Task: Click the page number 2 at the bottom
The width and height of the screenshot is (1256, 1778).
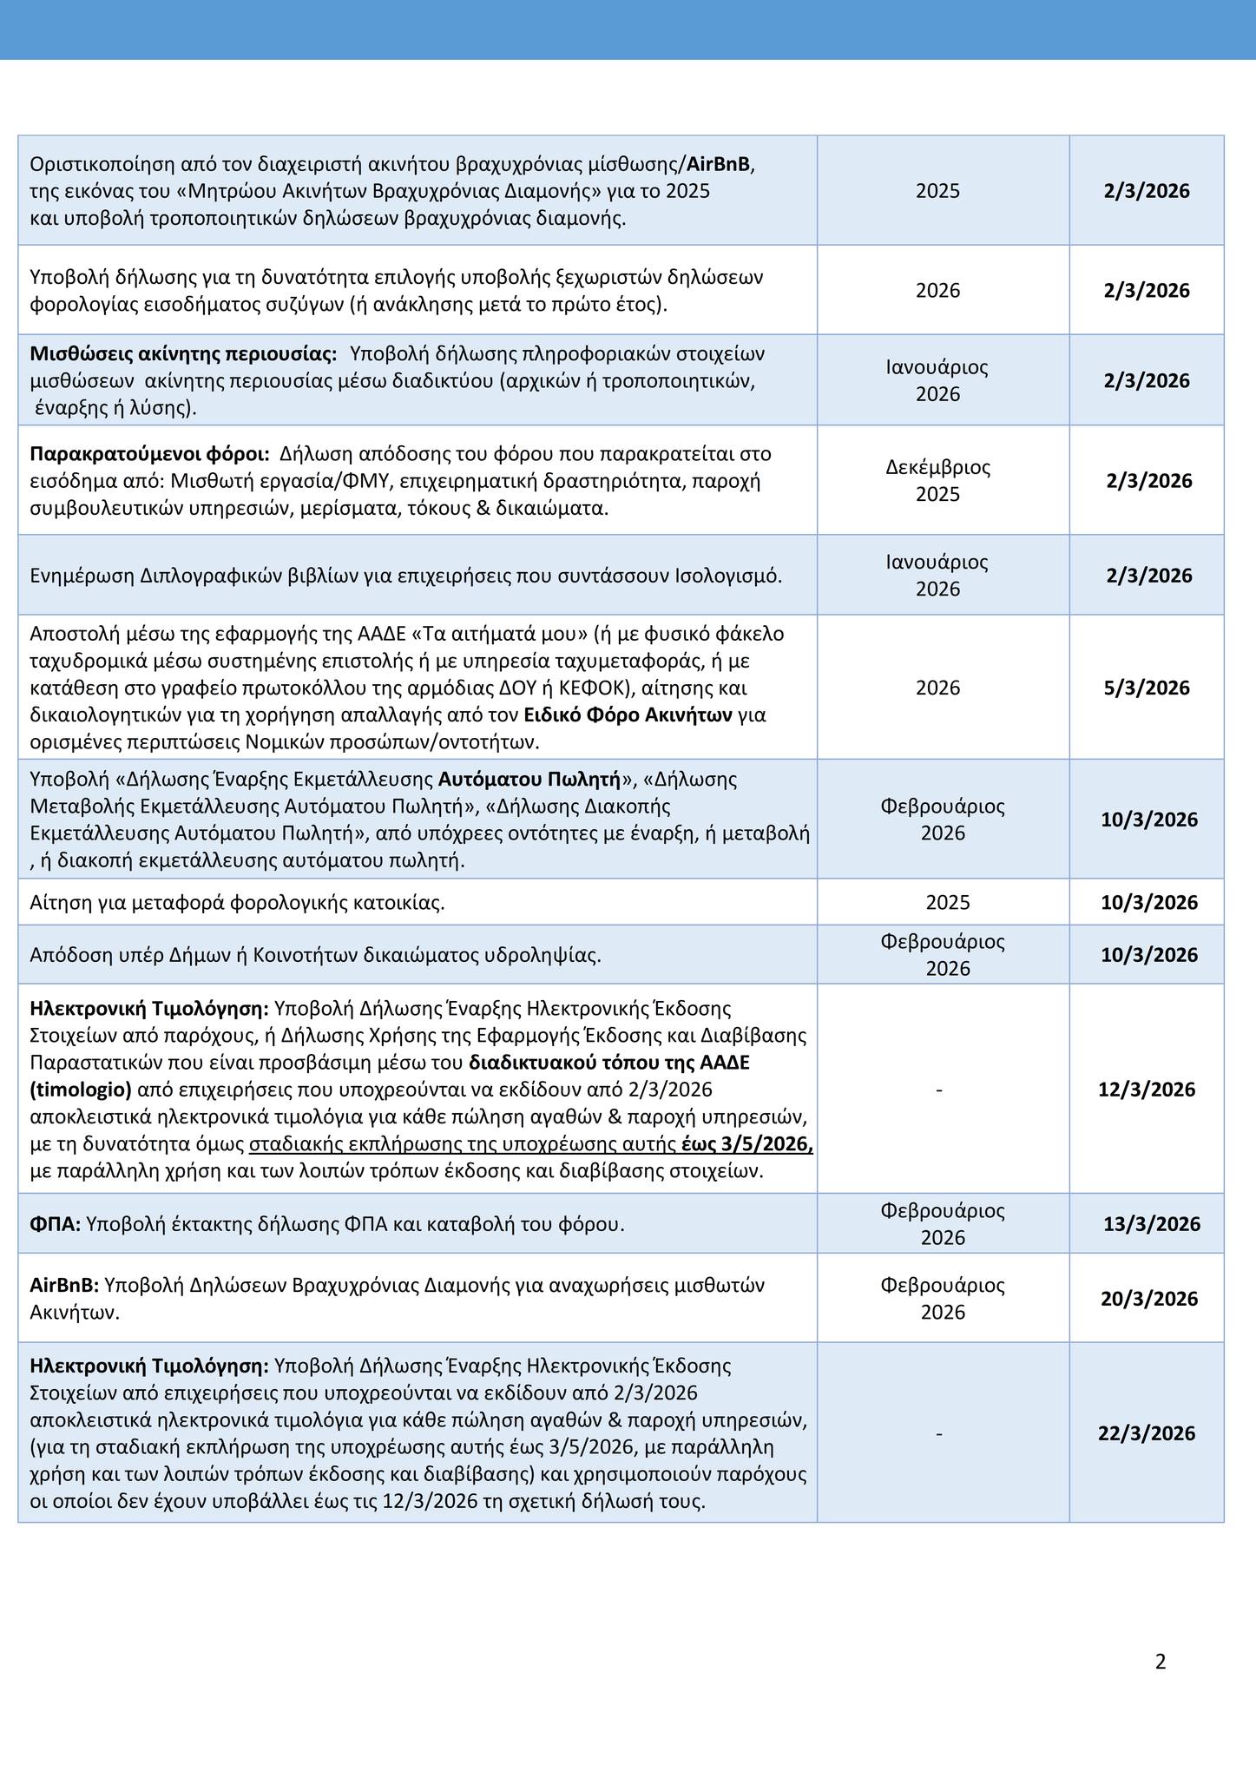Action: point(1161,1662)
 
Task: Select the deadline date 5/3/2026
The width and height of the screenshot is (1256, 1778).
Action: point(1147,688)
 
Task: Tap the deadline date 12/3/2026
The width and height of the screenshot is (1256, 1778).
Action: point(1147,1089)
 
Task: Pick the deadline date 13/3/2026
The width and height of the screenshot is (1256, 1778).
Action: point(1152,1224)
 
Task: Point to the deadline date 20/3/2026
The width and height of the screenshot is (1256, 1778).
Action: point(1149,1299)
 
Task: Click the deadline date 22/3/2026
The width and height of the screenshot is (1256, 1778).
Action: point(1147,1433)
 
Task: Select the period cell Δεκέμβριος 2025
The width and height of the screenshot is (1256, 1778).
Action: point(938,480)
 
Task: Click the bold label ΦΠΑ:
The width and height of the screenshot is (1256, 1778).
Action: point(56,1224)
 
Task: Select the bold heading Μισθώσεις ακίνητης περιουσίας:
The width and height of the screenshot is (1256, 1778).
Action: point(183,353)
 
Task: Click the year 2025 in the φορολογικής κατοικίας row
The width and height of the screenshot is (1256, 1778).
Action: point(948,902)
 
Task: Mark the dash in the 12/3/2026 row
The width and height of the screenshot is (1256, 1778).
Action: point(939,1089)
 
